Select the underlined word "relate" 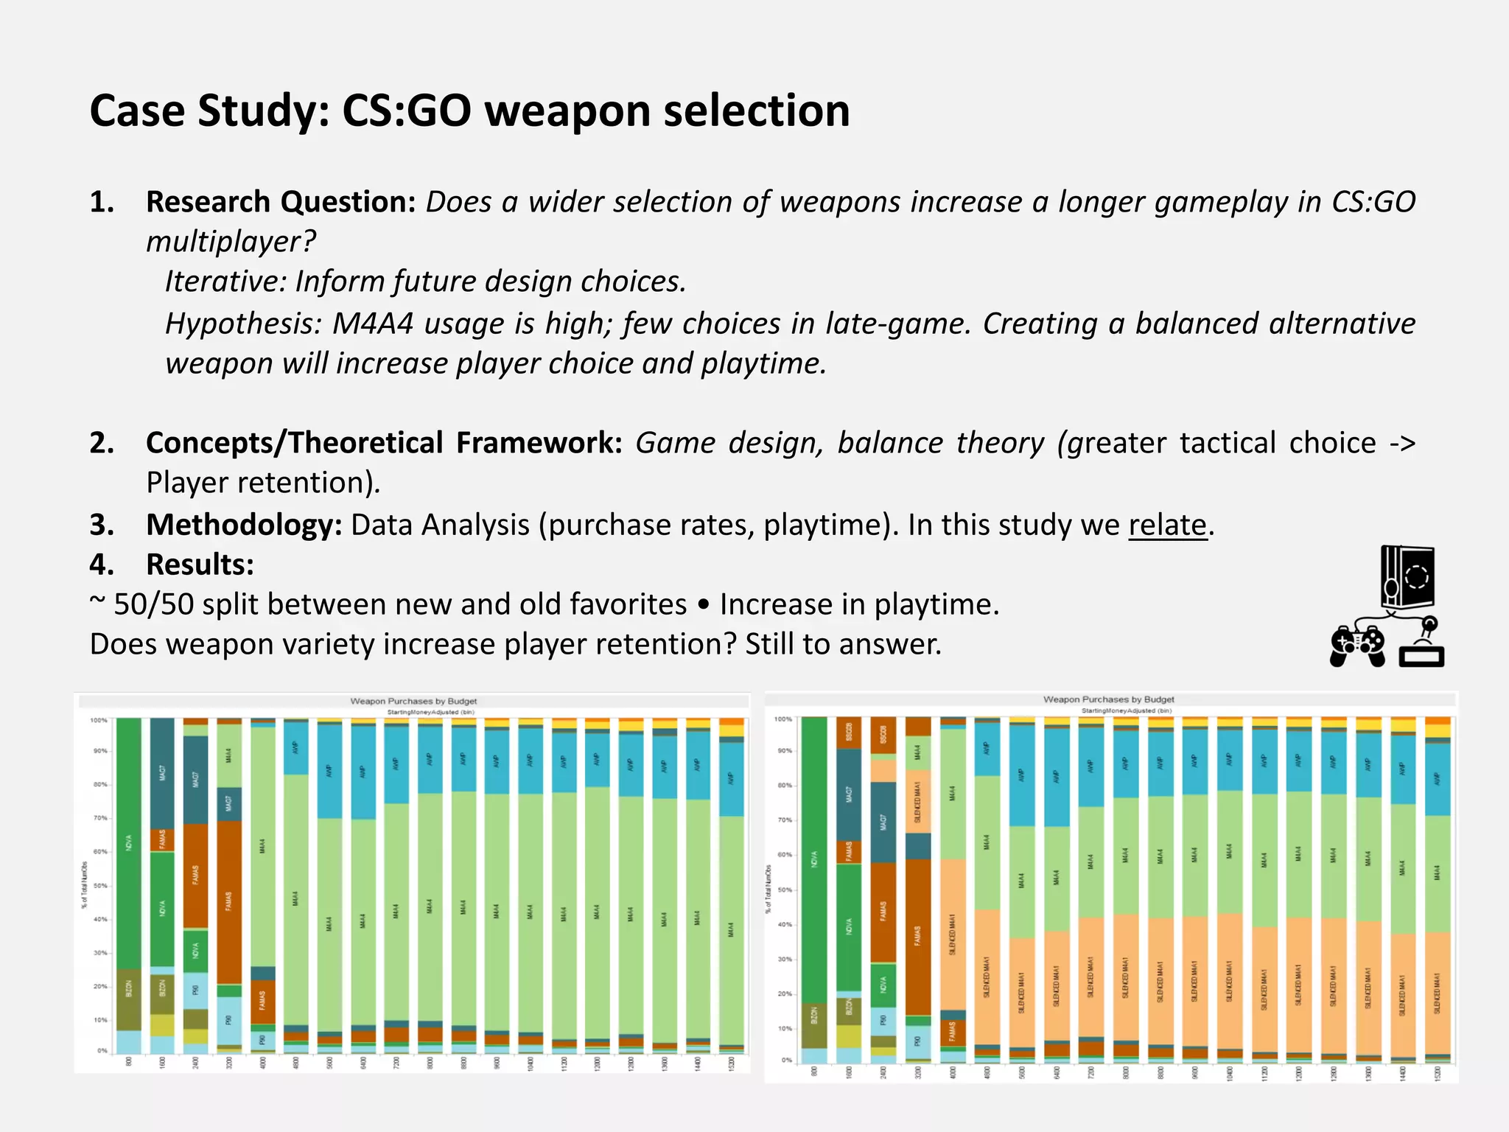point(1168,525)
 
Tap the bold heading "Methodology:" point(244,525)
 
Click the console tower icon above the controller point(1407,578)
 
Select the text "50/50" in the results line point(153,604)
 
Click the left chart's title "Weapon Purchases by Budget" point(413,701)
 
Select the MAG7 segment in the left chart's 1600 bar point(162,772)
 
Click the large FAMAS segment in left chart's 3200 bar point(228,901)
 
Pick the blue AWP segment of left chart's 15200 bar point(731,778)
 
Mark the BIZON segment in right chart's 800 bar point(814,1026)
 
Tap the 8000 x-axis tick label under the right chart point(1126,1072)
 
